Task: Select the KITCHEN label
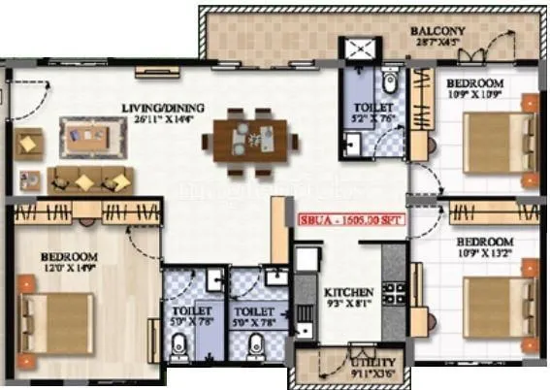click(x=343, y=291)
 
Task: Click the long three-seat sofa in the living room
click(x=89, y=179)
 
